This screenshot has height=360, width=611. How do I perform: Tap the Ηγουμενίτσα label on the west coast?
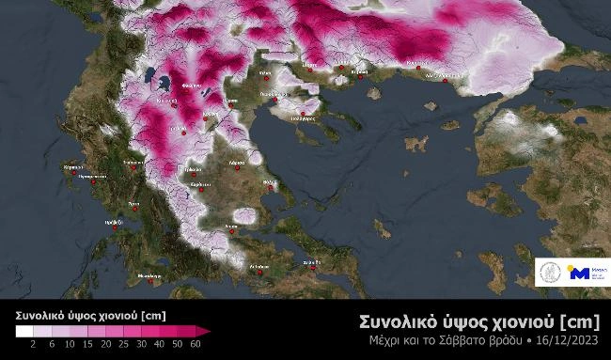[x=97, y=174]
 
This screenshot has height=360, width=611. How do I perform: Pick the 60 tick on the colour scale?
[x=196, y=345]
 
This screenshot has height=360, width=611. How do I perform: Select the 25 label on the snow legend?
[x=114, y=345]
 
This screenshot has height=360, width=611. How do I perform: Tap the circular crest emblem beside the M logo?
[x=551, y=273]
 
